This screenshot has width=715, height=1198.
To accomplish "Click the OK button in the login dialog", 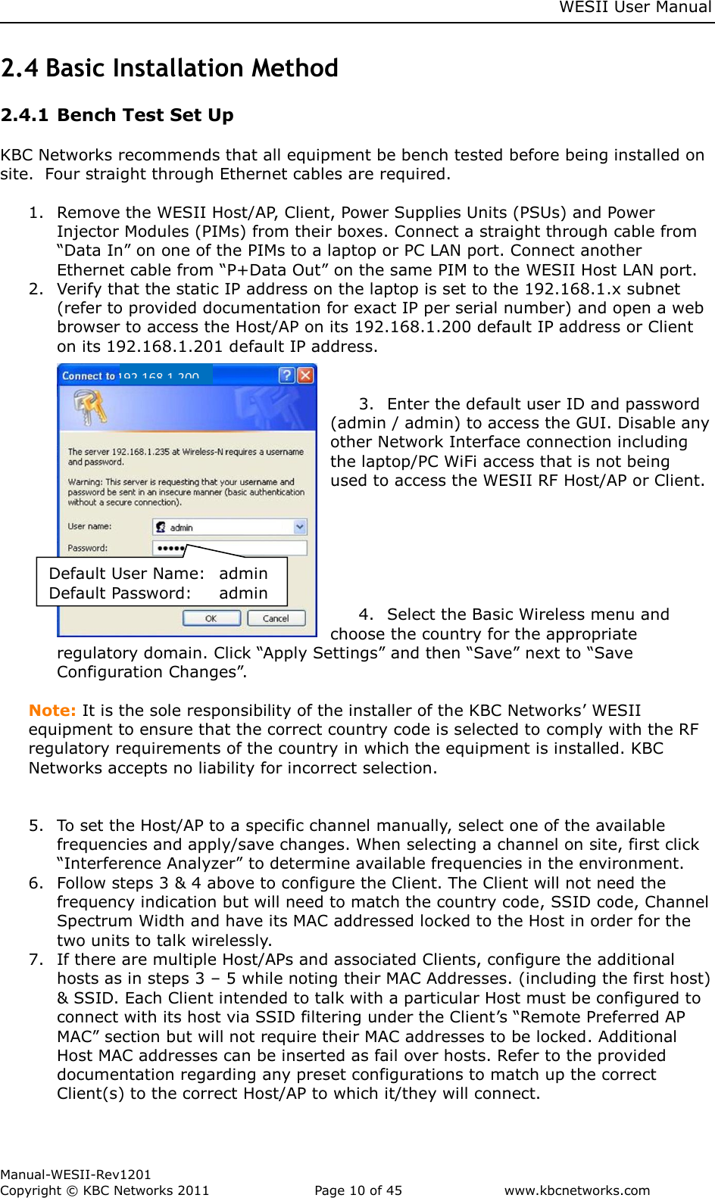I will [211, 618].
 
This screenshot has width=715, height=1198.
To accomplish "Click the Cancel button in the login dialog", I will [276, 618].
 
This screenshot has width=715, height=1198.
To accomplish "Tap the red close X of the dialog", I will [305, 375].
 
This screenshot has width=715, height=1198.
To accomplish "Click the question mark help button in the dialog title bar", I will [286, 375].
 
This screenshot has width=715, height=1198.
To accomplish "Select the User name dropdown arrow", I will [300, 527].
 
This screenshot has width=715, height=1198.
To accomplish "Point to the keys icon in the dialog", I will [89, 407].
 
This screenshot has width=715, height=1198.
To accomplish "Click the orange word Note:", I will [52, 711].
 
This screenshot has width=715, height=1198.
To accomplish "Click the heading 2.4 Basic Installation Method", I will [170, 68].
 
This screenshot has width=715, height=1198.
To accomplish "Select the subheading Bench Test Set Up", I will [145, 115].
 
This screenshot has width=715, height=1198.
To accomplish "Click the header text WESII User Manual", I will [635, 8].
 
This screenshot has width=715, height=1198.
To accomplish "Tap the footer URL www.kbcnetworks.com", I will [577, 1190].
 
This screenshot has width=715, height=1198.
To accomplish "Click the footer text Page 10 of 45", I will [358, 1190].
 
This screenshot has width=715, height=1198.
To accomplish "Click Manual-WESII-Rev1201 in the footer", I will [76, 1175].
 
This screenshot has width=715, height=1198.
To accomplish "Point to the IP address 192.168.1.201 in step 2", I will [164, 347].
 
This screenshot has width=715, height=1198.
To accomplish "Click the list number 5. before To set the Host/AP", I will [36, 826].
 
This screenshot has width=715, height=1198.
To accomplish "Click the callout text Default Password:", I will [120, 593].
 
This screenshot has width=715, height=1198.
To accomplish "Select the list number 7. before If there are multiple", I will [36, 960].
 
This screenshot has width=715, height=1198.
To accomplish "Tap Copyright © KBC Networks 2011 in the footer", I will [105, 1190].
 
